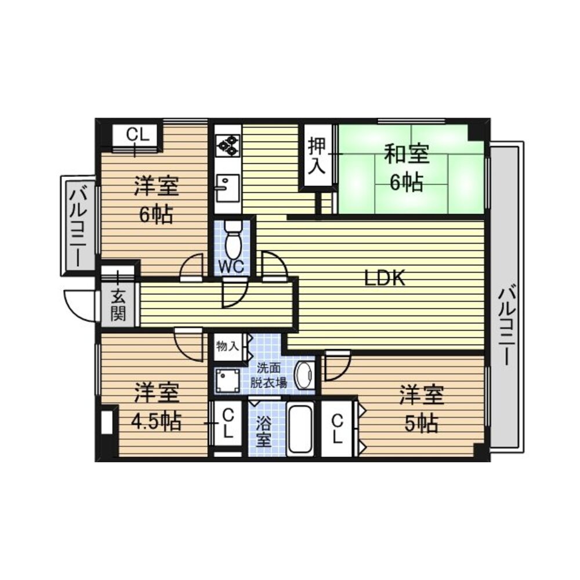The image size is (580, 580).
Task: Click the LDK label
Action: [x=385, y=278]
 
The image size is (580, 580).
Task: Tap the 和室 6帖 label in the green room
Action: [x=407, y=168]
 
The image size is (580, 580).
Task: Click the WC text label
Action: [x=231, y=266]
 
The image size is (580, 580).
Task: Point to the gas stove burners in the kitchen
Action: [x=228, y=144]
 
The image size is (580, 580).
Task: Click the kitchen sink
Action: [x=228, y=188]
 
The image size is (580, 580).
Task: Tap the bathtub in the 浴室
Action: [x=300, y=430]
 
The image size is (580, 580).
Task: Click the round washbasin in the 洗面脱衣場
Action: [x=304, y=375]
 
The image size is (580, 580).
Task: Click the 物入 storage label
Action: [x=227, y=347]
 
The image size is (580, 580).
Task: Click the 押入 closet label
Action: [x=317, y=155]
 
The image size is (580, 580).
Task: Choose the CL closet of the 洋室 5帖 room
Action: [x=338, y=429]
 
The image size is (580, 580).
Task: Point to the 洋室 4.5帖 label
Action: [x=157, y=407]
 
